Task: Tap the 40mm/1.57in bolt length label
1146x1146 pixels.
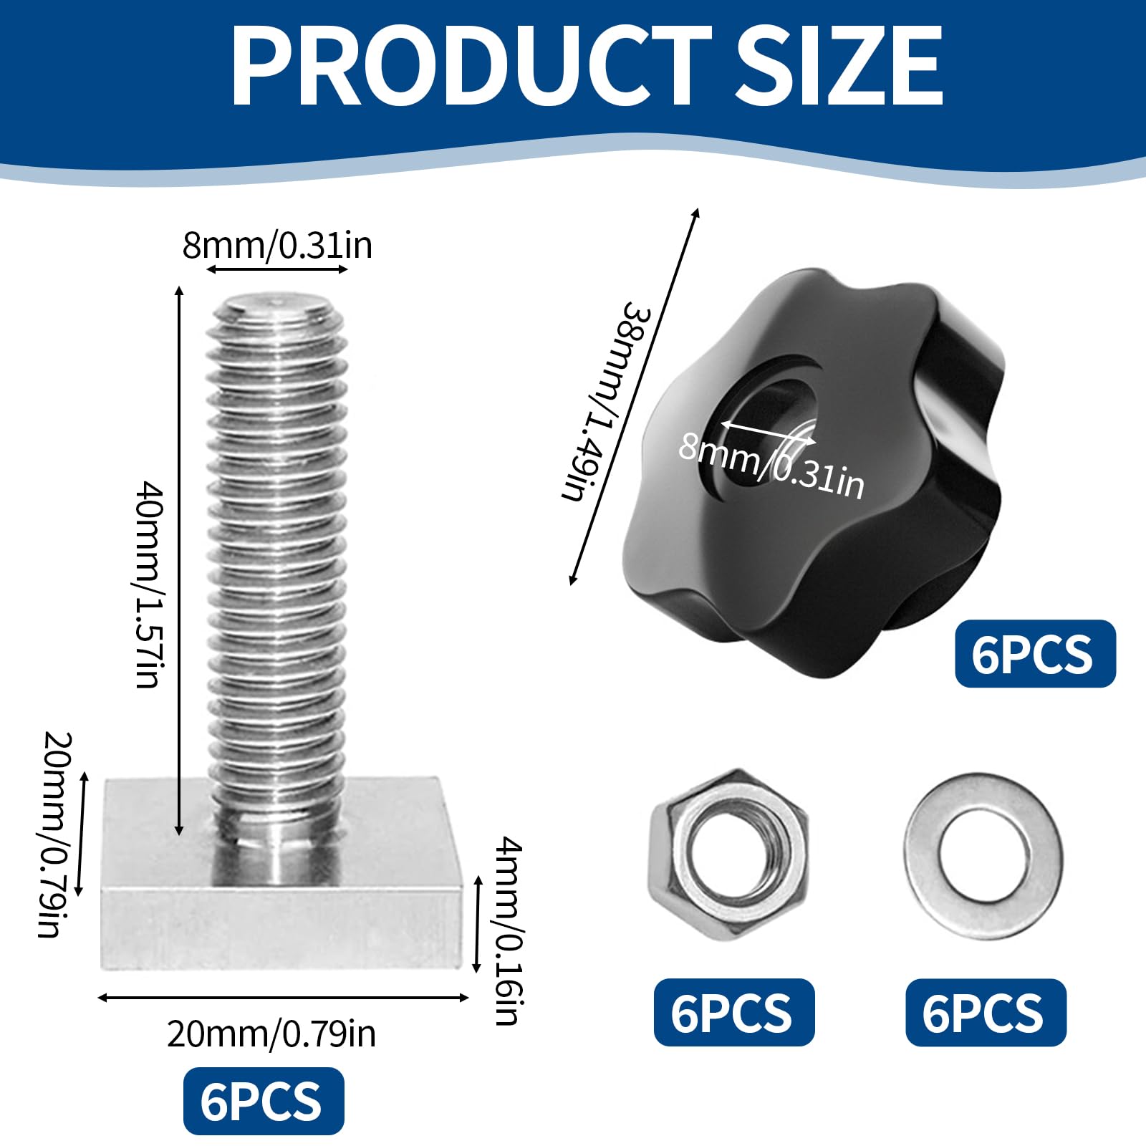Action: (x=150, y=584)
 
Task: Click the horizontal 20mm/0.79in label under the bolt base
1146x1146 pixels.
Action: (x=271, y=1034)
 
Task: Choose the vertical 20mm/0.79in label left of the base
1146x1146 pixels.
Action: (x=54, y=834)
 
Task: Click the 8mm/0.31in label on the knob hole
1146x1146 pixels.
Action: (x=771, y=466)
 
